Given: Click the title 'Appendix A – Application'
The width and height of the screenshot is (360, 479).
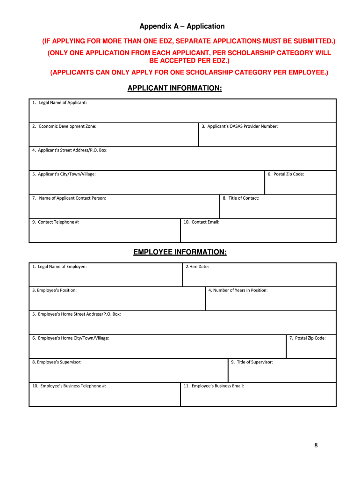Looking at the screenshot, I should pos(182,27).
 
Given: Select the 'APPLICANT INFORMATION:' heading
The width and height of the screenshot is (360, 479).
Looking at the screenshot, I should pos(174,88).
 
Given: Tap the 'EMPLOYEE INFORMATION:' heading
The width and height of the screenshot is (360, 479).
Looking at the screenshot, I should pos(180,253).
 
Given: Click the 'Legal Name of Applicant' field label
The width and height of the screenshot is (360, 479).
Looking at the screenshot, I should pos(59,102).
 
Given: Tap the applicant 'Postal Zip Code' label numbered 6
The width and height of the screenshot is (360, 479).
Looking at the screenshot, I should pos(286,174).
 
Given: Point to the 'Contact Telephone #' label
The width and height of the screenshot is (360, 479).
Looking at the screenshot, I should pos(56,222).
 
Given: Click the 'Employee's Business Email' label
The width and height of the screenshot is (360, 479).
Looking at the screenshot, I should pos(214,386).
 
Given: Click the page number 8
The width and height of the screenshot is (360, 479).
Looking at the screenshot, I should pos(316,445).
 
